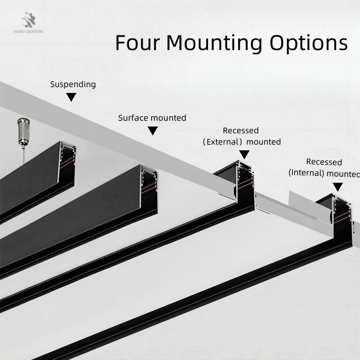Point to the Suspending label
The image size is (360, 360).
(x=72, y=84)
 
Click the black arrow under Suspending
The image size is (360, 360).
(x=72, y=97)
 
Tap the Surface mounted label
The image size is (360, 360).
(x=152, y=118)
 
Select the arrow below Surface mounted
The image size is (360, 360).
(x=153, y=131)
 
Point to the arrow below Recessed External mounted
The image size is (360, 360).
(x=244, y=154)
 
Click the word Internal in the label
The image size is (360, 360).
(x=306, y=173)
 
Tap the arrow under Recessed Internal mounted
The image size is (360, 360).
(x=338, y=186)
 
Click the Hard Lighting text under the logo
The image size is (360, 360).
(x=30, y=32)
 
